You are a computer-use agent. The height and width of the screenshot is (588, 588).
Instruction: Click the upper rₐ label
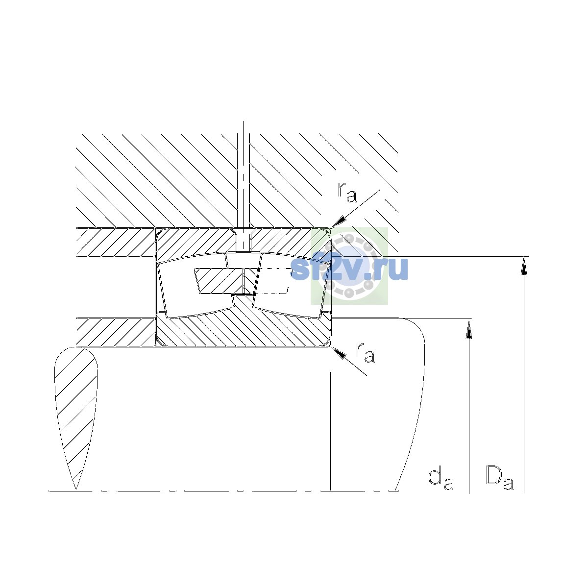[347, 193]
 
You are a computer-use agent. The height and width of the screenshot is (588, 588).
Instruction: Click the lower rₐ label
[365, 353]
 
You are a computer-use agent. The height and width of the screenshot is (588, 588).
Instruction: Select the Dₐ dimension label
[499, 478]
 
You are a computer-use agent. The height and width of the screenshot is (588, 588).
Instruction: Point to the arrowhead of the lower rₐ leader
[339, 352]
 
